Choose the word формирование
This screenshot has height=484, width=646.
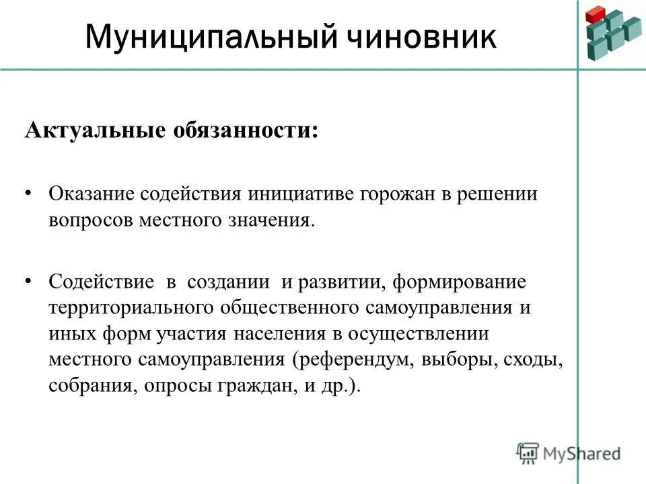pyautogui.click(x=460, y=281)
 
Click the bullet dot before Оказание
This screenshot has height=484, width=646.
pyautogui.click(x=28, y=194)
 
